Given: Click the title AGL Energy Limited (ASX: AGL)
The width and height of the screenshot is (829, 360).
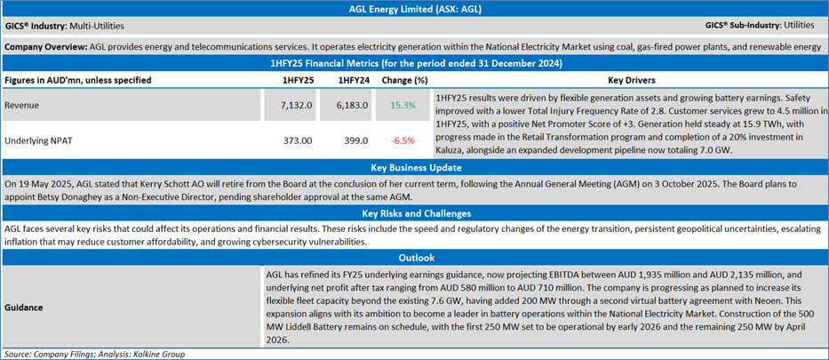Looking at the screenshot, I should (414, 9).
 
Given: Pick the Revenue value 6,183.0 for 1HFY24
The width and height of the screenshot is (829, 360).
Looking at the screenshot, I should (354, 106).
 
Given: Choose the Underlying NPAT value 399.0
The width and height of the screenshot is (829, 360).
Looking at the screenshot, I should (354, 140).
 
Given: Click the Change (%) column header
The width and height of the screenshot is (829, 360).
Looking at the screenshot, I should (403, 79).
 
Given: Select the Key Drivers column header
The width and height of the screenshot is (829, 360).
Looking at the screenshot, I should (631, 79).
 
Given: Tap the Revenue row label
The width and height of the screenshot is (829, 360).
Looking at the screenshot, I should (24, 106).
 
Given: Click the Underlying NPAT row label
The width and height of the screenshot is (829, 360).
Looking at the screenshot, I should (41, 140).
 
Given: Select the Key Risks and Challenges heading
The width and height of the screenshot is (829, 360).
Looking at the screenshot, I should (414, 213).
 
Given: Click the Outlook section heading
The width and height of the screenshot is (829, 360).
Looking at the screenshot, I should (414, 257).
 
